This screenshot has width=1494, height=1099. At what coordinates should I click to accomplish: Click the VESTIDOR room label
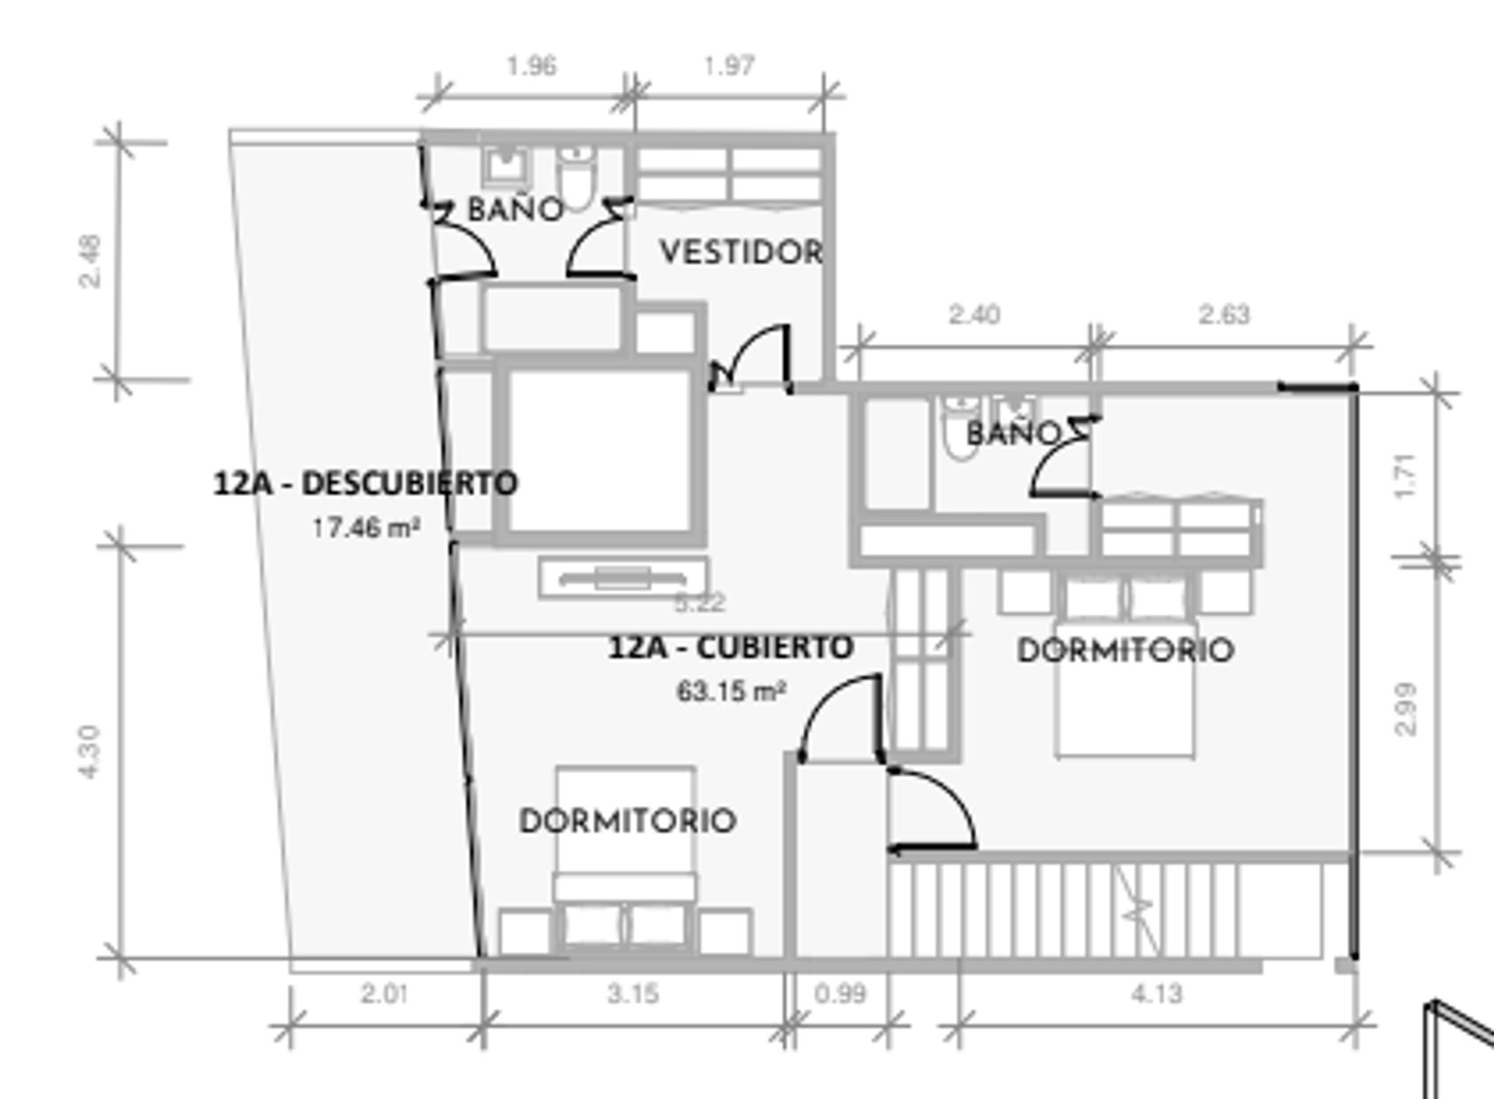click(x=741, y=252)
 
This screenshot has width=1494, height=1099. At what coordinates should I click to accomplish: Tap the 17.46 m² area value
click(x=366, y=528)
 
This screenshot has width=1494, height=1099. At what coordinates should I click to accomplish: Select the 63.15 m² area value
click(x=731, y=691)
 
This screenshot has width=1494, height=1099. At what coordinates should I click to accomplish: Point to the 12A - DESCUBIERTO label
click(x=366, y=483)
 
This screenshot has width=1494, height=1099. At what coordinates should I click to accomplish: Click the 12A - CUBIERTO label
click(x=731, y=647)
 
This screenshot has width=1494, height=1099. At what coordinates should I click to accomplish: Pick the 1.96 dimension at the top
click(x=531, y=66)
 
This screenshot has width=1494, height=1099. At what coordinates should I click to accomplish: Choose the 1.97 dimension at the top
click(x=729, y=66)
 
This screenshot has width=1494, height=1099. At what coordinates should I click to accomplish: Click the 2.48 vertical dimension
click(x=90, y=262)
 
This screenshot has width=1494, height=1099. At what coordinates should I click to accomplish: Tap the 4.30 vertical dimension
click(x=90, y=751)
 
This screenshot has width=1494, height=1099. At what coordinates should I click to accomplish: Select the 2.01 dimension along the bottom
click(x=384, y=993)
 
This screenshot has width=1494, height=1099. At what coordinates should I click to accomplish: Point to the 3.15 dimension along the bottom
click(x=633, y=993)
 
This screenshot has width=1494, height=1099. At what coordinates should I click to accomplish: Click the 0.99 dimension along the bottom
click(x=840, y=993)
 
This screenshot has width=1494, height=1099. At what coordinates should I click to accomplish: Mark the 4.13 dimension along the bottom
click(x=1156, y=993)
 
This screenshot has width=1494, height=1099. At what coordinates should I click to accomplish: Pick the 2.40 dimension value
click(x=974, y=315)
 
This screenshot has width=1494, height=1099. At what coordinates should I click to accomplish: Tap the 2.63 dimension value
click(x=1224, y=315)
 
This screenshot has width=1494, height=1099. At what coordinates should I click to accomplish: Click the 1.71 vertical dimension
click(x=1407, y=476)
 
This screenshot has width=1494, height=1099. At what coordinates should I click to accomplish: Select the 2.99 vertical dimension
click(x=1407, y=709)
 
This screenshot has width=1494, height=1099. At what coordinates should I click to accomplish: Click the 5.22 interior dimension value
click(x=700, y=603)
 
